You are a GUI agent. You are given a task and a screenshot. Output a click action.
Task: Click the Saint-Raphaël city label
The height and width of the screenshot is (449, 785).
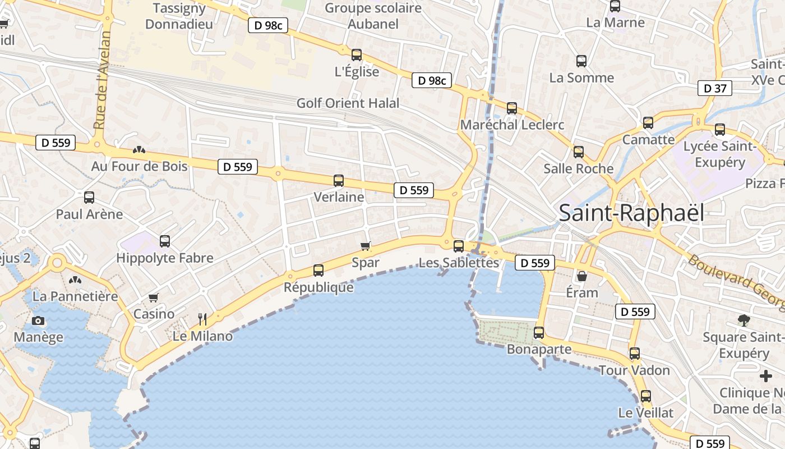[x=631, y=213]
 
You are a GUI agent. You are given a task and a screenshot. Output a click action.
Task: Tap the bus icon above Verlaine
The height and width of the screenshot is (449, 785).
[x=339, y=181]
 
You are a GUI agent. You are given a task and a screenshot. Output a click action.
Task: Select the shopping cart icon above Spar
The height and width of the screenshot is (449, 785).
[x=366, y=246]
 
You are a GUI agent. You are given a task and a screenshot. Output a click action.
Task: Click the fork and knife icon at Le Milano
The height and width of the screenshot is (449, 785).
[x=203, y=319]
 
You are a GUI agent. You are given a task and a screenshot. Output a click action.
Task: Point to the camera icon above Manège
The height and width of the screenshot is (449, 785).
[x=38, y=321]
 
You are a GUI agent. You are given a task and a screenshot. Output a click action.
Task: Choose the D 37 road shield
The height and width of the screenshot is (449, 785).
[x=715, y=88]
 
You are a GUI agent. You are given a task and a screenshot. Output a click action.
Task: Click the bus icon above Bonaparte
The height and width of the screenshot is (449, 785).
[x=539, y=333]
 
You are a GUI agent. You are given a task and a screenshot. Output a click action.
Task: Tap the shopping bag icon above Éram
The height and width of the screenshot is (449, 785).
[x=582, y=276]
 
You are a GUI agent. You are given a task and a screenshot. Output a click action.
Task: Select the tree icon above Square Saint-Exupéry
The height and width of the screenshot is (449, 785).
[x=744, y=320]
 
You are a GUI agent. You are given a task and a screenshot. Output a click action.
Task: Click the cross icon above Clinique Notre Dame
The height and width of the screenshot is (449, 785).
[x=765, y=376]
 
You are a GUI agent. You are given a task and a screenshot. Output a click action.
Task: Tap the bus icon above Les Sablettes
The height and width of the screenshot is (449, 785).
[x=459, y=246]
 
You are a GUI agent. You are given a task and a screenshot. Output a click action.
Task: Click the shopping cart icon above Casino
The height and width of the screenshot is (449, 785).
[x=154, y=297]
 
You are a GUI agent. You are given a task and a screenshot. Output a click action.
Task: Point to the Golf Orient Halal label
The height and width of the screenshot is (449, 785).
[x=348, y=103]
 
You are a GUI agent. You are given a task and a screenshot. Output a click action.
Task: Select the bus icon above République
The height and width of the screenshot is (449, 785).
[x=318, y=271]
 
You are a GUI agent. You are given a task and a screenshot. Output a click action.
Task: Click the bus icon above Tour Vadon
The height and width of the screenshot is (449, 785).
[x=634, y=354]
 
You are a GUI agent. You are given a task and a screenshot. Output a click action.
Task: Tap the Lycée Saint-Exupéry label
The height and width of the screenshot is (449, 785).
[x=720, y=154]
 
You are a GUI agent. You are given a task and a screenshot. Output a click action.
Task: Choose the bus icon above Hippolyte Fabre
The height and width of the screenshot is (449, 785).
[x=165, y=241]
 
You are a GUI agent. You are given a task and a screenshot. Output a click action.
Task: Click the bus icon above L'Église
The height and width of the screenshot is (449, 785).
[x=357, y=55]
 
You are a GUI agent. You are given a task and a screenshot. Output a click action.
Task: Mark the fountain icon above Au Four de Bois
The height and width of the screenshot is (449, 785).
[x=139, y=150]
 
